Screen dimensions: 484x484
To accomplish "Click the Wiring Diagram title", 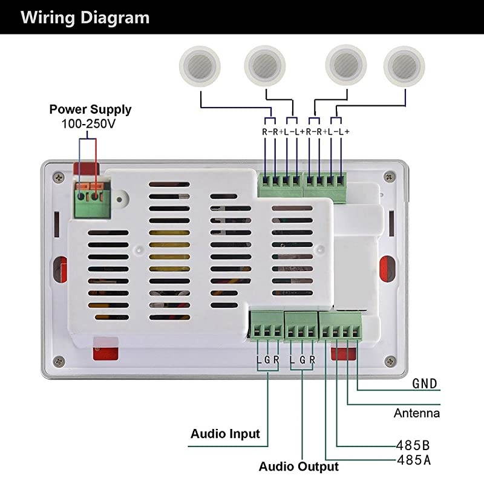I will pos(85,17).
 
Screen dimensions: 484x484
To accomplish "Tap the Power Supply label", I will pos(90,110).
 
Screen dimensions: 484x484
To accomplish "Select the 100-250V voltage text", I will pos(88,123).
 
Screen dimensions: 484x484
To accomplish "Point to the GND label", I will pos(424,384).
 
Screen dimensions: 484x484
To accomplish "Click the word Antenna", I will pos(416,414).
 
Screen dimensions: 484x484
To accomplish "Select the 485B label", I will pos(414,443).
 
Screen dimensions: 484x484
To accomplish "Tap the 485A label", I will pos(414,460).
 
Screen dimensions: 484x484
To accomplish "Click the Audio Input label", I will pos(225,434).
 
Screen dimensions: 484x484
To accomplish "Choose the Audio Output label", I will pos(298,466).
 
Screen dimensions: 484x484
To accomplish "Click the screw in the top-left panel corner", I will pos(58,177).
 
